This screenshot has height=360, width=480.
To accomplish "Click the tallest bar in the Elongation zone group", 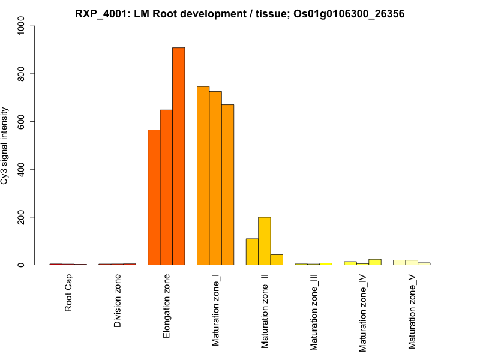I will pyautogui.click(x=179, y=156).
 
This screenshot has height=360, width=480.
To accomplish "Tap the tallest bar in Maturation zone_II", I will pyautogui.click(x=265, y=241).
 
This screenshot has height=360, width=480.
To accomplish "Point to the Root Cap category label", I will pyautogui.click(x=68, y=295).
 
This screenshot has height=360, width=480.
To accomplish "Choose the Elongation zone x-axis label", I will pyautogui.click(x=167, y=305).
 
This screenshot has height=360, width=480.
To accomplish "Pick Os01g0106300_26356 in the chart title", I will pyautogui.click(x=346, y=13).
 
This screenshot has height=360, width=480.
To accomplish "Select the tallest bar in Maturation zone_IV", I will pyautogui.click(x=375, y=262).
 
